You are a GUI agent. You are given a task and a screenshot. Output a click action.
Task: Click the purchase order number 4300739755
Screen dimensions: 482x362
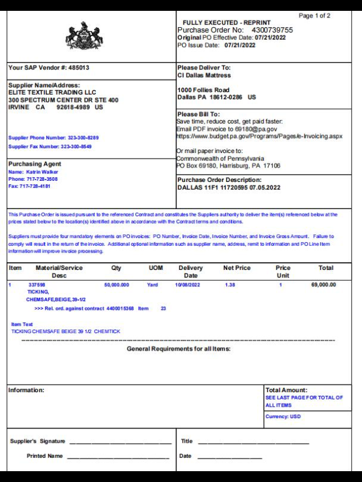point(272,30)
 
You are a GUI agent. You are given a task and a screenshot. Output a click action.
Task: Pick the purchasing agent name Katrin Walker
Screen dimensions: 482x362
point(42,172)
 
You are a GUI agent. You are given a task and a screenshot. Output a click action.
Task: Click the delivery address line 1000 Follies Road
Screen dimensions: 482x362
point(203,90)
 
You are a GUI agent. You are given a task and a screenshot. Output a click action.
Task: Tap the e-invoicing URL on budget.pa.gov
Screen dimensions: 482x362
point(259,137)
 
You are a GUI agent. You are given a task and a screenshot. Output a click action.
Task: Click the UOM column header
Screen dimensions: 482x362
point(156,268)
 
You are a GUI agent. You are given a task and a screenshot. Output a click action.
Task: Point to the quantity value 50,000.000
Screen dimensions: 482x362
point(116,284)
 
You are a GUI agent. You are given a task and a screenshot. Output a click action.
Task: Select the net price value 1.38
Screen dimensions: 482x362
point(230,284)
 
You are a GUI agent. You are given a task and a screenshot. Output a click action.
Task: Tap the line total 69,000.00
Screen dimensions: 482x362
point(324,284)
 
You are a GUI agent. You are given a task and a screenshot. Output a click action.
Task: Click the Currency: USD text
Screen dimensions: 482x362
point(283,417)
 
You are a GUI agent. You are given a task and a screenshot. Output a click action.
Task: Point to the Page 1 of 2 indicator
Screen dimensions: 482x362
point(314,16)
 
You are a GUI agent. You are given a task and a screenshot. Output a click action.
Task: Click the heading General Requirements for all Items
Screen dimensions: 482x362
point(179,349)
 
